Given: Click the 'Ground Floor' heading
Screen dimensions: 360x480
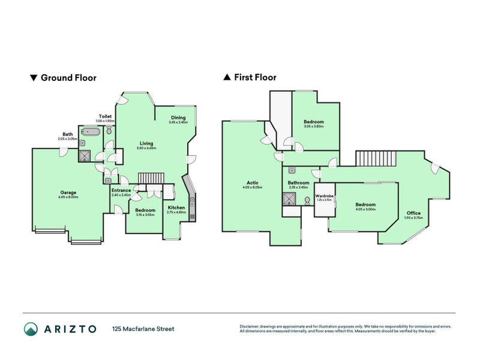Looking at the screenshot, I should pos(68,77).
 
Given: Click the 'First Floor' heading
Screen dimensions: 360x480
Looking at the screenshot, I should pos(254,77).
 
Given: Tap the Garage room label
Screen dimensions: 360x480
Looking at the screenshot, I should pos(67,193).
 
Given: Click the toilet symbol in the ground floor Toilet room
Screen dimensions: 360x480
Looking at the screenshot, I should pos(110,130).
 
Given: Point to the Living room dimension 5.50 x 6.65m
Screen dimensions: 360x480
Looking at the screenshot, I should pos(146,148).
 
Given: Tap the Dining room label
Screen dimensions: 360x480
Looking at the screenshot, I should pos(178,118).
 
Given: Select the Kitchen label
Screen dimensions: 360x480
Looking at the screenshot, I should pos(176,208).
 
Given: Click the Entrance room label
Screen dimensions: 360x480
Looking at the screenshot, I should pos(121,190).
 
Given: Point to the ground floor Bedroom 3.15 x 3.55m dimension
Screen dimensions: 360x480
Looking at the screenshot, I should pos(145,214).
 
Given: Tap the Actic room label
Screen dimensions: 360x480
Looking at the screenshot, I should pos(252,183).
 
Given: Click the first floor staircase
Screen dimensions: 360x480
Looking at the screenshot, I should pos(376,159).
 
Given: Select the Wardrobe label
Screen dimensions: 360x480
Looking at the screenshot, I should pos(324,196).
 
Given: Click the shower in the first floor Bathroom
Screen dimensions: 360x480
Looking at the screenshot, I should pos(289,199).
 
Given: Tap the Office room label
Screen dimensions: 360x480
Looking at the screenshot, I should pos(413,213).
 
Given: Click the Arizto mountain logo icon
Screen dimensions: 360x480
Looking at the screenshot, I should pos(31,328).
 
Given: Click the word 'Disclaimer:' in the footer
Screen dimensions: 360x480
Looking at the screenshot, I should pos(251,326).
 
